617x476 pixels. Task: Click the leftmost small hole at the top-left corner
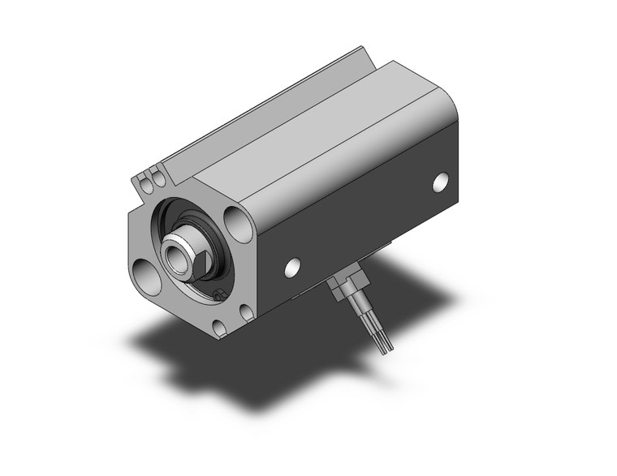pos(147,186)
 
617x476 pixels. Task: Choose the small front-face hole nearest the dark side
pos(246,312)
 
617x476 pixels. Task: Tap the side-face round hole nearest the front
pos(292,265)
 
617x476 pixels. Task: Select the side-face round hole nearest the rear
pos(440,182)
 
